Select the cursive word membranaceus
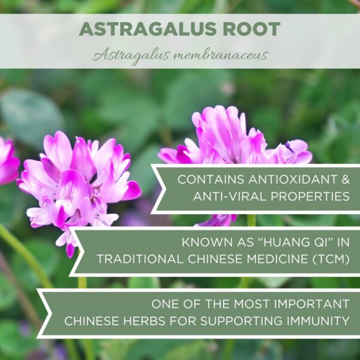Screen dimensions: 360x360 pos(224,55)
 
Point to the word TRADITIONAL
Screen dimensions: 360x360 pos(143,261)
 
